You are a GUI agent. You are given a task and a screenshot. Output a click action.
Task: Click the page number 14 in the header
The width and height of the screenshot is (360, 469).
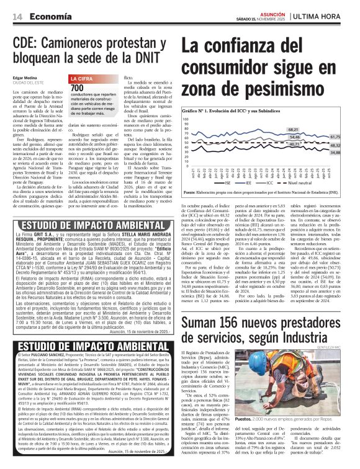point(17,17)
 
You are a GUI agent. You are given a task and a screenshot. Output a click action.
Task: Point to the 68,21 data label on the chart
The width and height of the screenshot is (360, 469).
point(294,129)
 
